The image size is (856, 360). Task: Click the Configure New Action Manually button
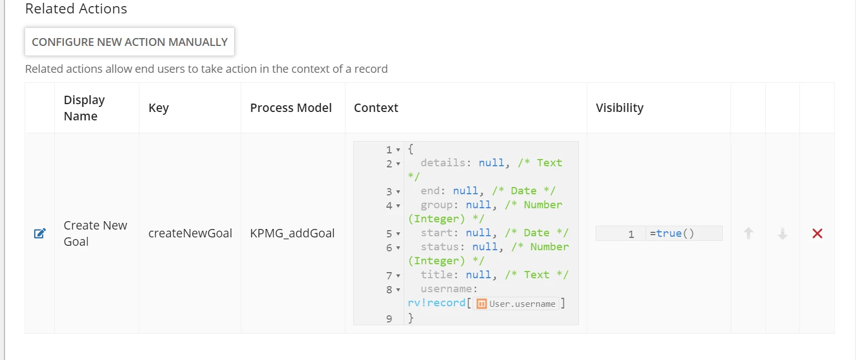129,41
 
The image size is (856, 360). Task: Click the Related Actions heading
76,8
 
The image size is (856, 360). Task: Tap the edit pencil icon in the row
40,233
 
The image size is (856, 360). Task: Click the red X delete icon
817,233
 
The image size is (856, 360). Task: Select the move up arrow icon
749,233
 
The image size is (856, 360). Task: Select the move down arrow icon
783,233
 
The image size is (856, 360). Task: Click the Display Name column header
84,107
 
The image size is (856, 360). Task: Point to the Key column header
158,107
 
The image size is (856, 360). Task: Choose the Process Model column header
291,107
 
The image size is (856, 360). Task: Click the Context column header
376,107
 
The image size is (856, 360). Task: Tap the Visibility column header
619,107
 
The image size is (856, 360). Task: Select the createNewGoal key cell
190,233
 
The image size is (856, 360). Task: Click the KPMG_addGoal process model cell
292,233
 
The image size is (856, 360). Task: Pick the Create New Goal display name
95,233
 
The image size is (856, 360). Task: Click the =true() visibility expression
672,233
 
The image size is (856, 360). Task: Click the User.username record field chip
516,304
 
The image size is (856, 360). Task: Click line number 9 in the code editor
389,319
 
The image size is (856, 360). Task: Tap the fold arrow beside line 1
398,150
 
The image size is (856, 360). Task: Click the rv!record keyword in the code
437,303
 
